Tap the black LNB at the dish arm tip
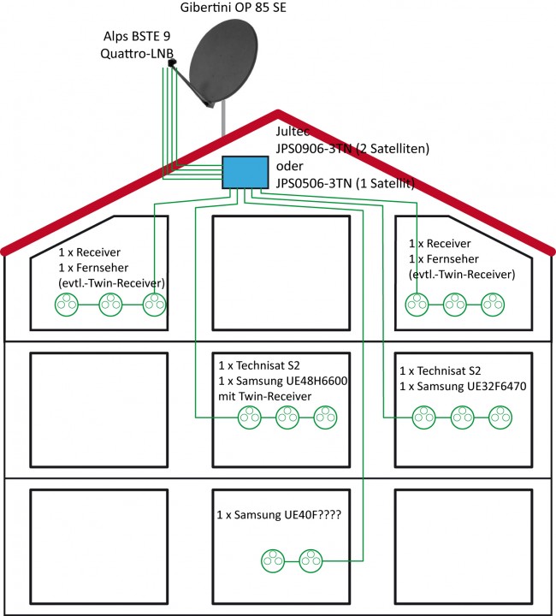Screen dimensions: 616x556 [172, 63]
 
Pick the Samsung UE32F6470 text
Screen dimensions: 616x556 [462, 387]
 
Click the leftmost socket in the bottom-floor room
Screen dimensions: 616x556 [272, 560]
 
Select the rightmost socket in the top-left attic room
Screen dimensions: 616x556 [153, 303]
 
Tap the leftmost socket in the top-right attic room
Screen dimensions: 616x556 [417, 303]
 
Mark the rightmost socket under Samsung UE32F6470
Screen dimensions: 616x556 [500, 417]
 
